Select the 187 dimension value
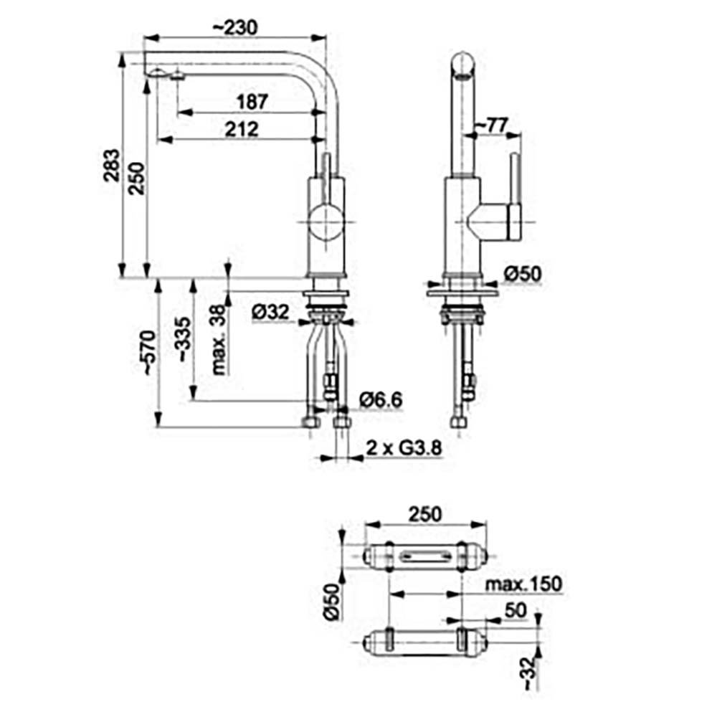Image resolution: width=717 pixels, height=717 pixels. [x=252, y=102]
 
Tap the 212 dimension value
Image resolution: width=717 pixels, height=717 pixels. [x=242, y=129]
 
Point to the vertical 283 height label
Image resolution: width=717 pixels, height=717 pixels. [x=112, y=165]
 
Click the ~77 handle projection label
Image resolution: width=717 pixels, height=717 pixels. [x=491, y=125]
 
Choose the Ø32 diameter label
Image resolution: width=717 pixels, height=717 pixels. [x=271, y=312]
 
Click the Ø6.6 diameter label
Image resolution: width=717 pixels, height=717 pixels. [x=381, y=400]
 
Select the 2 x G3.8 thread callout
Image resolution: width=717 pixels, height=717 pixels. [x=404, y=448]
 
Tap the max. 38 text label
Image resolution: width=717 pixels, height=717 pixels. [x=219, y=340]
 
